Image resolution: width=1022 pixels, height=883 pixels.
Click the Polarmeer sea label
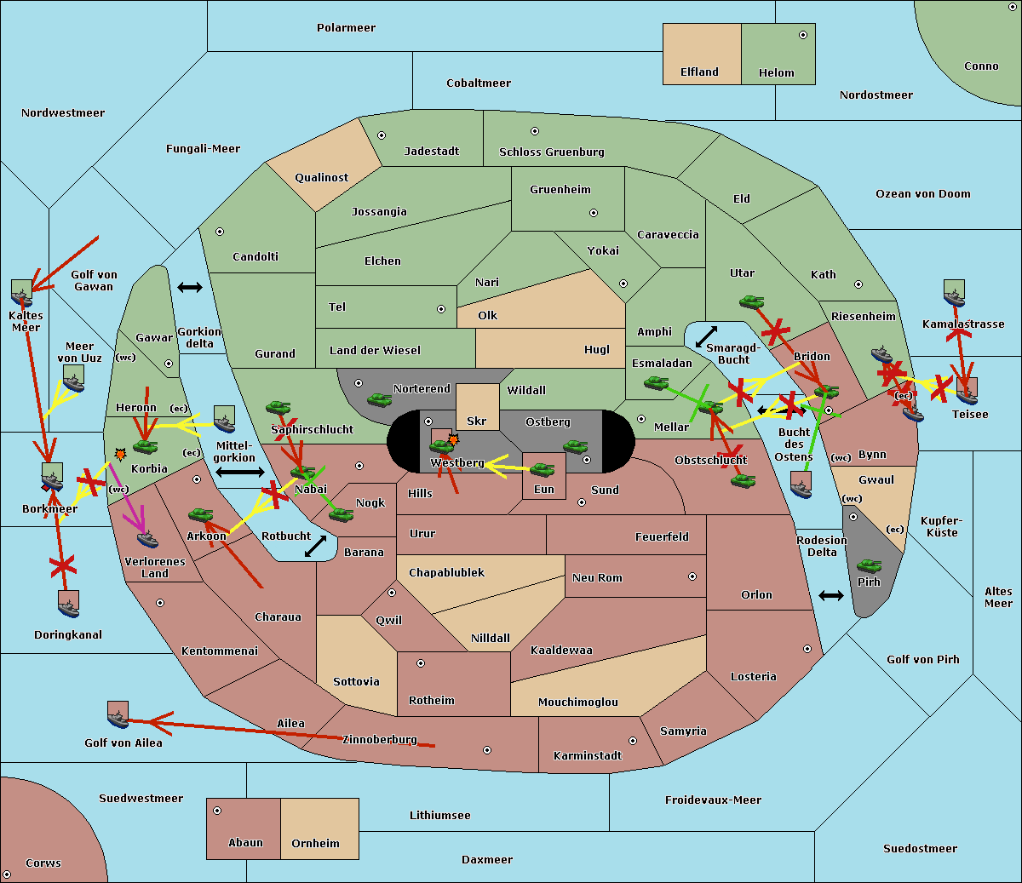(x=346, y=28)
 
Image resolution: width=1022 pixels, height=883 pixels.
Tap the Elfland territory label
(x=699, y=72)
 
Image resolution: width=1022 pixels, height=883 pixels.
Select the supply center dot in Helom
(x=802, y=35)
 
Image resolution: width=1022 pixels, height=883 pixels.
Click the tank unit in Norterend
(x=379, y=399)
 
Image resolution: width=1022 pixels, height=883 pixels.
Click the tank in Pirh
(x=869, y=566)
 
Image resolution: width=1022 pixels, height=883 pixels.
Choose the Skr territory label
(x=477, y=421)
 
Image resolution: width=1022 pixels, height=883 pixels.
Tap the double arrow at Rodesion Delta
(x=831, y=595)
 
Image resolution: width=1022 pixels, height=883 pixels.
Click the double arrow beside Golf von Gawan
(x=190, y=288)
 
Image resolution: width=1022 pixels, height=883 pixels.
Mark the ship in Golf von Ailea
(x=118, y=715)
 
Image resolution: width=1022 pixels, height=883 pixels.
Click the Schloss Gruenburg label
(x=551, y=152)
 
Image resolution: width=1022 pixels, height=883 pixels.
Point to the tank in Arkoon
(x=200, y=514)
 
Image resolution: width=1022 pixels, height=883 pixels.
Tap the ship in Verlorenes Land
(x=147, y=538)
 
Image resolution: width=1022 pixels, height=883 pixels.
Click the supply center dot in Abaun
(x=217, y=811)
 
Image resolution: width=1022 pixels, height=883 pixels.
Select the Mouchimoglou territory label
(x=577, y=702)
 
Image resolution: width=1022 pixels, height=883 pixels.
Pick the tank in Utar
(x=751, y=301)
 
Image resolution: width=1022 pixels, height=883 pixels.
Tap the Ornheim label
(x=315, y=844)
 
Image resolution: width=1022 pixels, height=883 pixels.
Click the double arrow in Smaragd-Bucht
(x=707, y=337)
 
